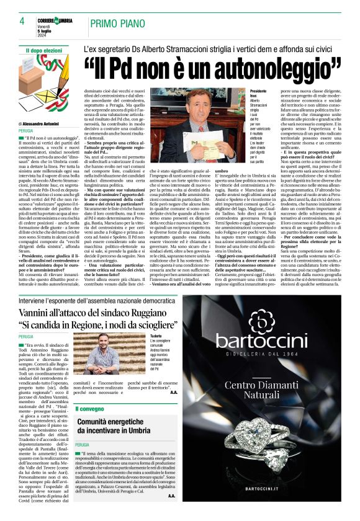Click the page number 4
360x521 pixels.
(22, 21)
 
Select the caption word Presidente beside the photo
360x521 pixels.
(241, 91)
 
